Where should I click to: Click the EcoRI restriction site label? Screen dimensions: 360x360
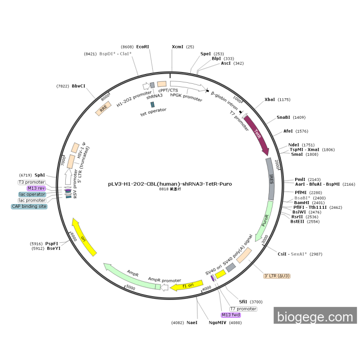[x=142, y=47]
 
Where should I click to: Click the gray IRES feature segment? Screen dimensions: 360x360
[x=272, y=178]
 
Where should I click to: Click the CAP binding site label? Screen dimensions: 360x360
[x=29, y=206]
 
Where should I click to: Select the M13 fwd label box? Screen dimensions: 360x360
[x=231, y=315]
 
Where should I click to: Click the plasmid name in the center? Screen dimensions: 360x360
[x=170, y=183]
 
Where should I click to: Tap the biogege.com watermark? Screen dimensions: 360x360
[x=315, y=316]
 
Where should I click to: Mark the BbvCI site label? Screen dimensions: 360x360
[x=79, y=86]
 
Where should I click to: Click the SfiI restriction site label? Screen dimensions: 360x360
[x=243, y=302]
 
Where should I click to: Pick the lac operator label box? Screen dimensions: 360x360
[x=32, y=194]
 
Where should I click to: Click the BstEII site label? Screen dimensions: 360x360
[x=297, y=222]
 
